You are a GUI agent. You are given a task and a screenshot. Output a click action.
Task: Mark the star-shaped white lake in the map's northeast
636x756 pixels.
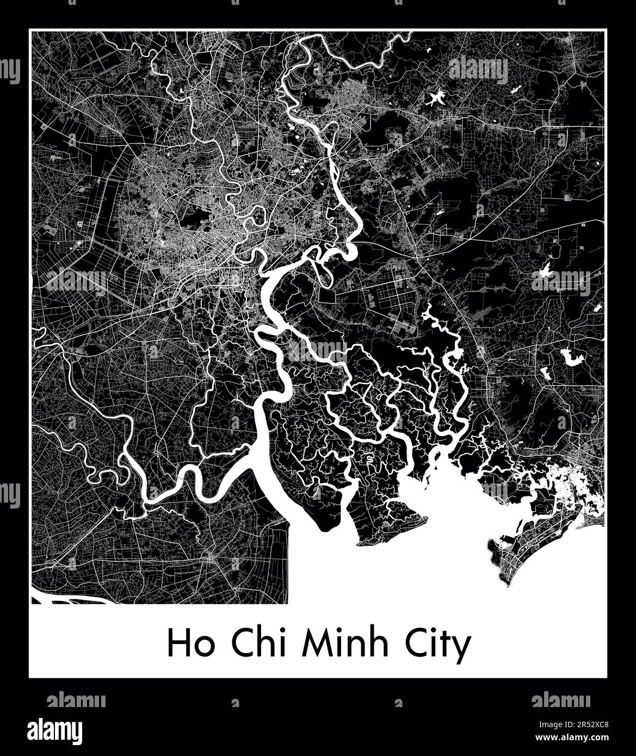coord(467,98)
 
